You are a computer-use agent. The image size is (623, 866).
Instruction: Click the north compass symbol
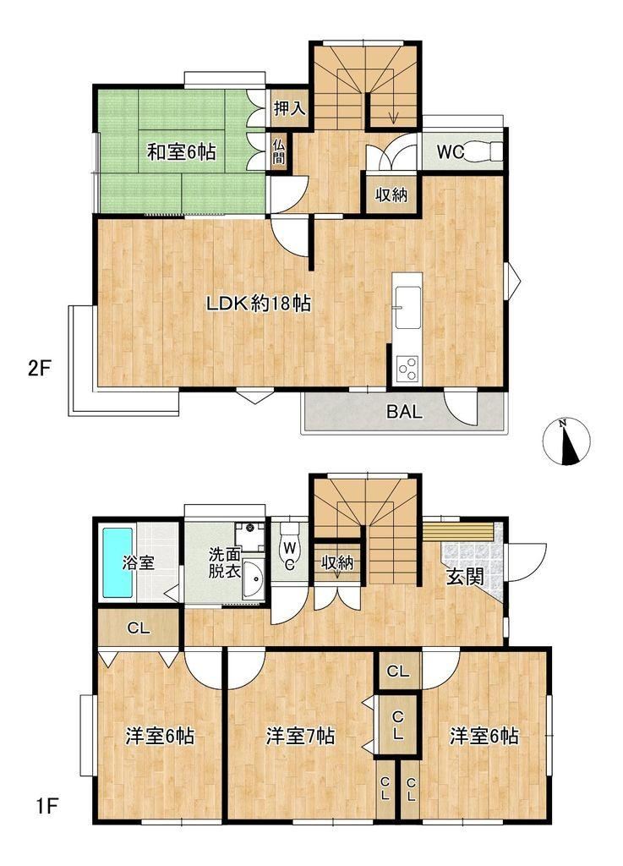point(566,441)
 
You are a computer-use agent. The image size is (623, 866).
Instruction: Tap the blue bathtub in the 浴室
point(117,562)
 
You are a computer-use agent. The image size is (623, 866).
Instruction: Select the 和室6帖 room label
point(181,151)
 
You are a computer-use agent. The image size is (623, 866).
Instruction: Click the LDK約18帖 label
point(259,303)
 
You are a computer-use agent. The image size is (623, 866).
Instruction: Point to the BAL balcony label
point(404,412)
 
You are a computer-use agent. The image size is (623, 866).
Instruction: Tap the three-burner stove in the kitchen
point(407,369)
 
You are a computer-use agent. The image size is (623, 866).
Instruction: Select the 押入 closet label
point(290,108)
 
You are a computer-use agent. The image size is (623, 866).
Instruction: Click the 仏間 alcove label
point(279,151)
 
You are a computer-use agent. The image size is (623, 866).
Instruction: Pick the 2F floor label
point(39,368)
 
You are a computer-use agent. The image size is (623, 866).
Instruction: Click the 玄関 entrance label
point(465,577)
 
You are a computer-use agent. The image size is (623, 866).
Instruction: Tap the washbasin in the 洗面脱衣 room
point(254,580)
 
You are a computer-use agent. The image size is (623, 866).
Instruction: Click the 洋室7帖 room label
point(301,736)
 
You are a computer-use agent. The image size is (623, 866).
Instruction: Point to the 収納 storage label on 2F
point(391,195)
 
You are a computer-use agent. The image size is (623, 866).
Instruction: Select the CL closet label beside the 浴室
point(139,628)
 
